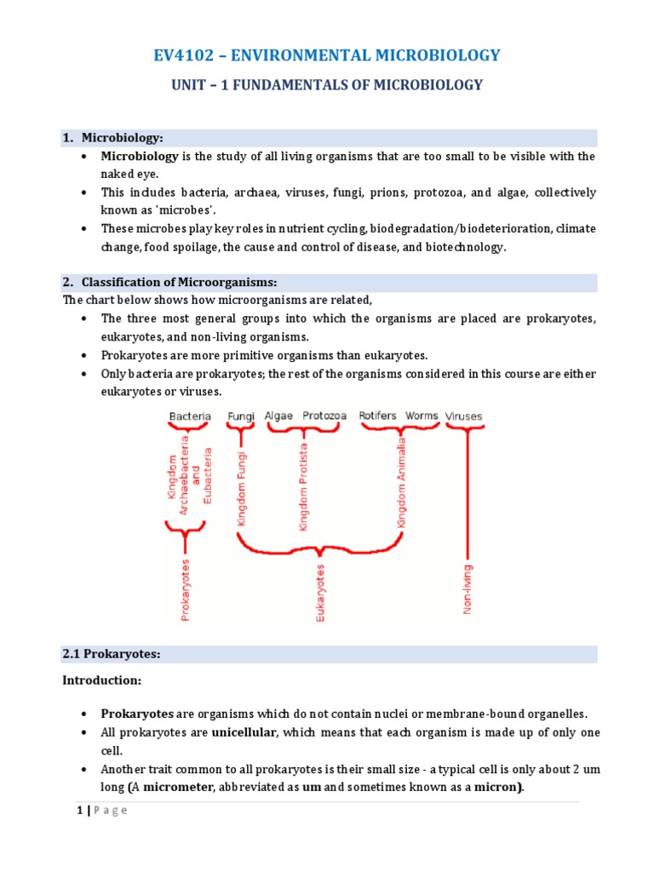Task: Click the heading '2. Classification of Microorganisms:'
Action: [x=180, y=282]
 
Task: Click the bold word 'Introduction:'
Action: [x=100, y=680]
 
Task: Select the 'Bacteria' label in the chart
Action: [x=190, y=416]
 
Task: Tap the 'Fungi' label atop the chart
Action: [x=241, y=416]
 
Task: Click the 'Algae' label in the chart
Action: [x=278, y=416]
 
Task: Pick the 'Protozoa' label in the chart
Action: [x=324, y=416]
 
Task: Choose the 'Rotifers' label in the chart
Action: [x=377, y=416]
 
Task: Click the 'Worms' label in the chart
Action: [x=422, y=416]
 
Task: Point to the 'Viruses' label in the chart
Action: [x=463, y=416]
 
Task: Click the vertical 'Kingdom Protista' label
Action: [x=303, y=486]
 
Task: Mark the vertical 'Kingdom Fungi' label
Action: [x=243, y=490]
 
